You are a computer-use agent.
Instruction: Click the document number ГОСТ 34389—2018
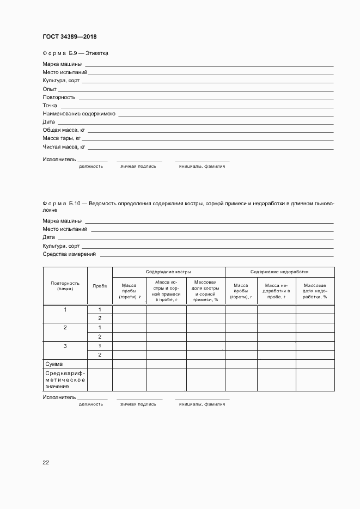pyautogui.click(x=70, y=37)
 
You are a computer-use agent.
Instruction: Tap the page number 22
pyautogui.click(x=46, y=462)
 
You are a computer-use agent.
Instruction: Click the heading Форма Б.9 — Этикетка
pyautogui.click(x=76, y=53)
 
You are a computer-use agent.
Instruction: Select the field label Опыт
pyautogui.click(x=50, y=89)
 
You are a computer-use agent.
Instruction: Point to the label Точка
pyautogui.click(x=50, y=106)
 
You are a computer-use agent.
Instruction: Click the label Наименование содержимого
pyautogui.click(x=79, y=114)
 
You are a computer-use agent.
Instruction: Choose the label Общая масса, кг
pyautogui.click(x=64, y=131)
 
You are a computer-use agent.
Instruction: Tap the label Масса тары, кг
pyautogui.click(x=62, y=139)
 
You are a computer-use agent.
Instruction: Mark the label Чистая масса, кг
pyautogui.click(x=64, y=147)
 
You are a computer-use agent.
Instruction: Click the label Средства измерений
pyautogui.click(x=69, y=254)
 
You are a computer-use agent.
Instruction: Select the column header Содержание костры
pyautogui.click(x=168, y=272)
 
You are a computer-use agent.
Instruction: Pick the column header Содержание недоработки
pyautogui.click(x=279, y=272)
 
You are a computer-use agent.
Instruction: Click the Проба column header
pyautogui.click(x=100, y=286)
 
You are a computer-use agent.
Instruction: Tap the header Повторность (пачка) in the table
pyautogui.click(x=65, y=286)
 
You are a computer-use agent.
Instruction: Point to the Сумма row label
pyautogui.click(x=54, y=364)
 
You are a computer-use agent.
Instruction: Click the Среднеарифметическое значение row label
pyautogui.click(x=65, y=379)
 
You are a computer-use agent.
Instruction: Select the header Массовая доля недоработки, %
pyautogui.click(x=315, y=291)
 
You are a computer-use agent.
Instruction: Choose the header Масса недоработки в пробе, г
pyautogui.click(x=276, y=291)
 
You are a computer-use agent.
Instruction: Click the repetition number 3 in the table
pyautogui.click(x=65, y=346)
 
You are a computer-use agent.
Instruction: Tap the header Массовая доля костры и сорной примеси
pyautogui.click(x=205, y=291)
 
